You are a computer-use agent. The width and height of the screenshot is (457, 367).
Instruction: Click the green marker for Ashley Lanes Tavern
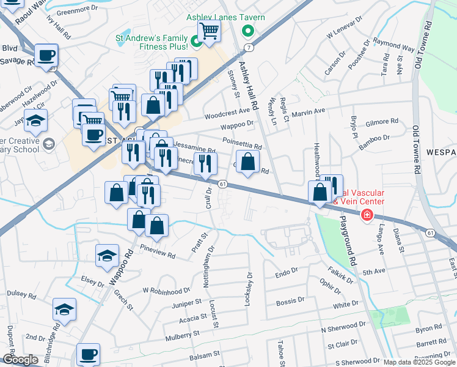click(248, 31)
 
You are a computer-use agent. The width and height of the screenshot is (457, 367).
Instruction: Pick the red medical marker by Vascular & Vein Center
click(367, 214)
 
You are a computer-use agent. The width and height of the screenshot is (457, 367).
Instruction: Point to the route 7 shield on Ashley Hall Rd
click(249, 47)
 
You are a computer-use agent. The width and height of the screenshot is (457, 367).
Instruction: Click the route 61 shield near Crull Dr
click(223, 184)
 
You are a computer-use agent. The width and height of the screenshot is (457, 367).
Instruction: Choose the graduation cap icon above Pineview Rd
click(108, 256)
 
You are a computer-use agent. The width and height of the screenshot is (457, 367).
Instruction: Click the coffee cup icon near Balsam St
click(88, 354)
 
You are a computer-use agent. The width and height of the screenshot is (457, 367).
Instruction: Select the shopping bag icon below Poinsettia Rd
click(247, 163)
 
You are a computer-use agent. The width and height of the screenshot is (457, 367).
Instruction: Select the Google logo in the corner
click(20, 360)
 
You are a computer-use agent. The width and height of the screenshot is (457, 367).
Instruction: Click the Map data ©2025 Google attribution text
click(419, 362)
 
